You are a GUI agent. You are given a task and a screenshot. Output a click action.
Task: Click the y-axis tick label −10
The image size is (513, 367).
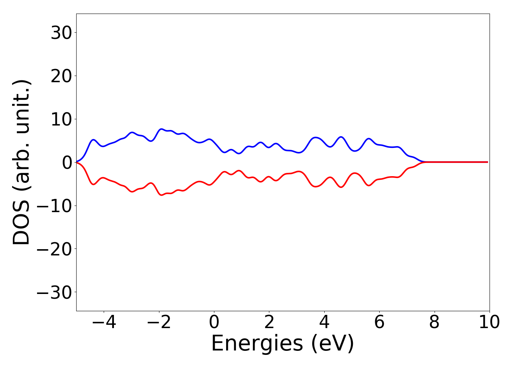click(x=55, y=206)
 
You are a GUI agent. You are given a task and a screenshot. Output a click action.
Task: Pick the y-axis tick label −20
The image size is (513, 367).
click(x=55, y=249)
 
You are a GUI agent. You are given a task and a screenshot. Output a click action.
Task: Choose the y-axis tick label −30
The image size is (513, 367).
click(x=55, y=292)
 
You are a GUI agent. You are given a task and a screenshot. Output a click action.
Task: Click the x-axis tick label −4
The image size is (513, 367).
click(x=104, y=322)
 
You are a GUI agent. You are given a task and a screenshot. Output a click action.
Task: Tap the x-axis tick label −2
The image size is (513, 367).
click(x=159, y=322)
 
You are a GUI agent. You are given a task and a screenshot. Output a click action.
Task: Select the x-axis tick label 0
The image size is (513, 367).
click(x=214, y=322)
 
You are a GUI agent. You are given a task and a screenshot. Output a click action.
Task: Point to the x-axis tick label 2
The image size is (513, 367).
click(x=269, y=322)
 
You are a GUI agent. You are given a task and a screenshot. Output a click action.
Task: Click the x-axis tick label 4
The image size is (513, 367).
click(x=324, y=322)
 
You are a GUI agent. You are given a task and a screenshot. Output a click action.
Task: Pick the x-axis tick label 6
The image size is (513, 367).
click(x=379, y=322)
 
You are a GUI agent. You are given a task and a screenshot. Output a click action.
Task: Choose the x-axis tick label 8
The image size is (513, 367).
click(x=434, y=322)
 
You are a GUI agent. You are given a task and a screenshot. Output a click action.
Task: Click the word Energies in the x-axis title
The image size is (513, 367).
click(x=257, y=344)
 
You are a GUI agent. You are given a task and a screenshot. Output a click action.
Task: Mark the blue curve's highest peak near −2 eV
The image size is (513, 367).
click(x=161, y=129)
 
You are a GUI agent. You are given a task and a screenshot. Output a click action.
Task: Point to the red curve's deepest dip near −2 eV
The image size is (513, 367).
click(x=161, y=195)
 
